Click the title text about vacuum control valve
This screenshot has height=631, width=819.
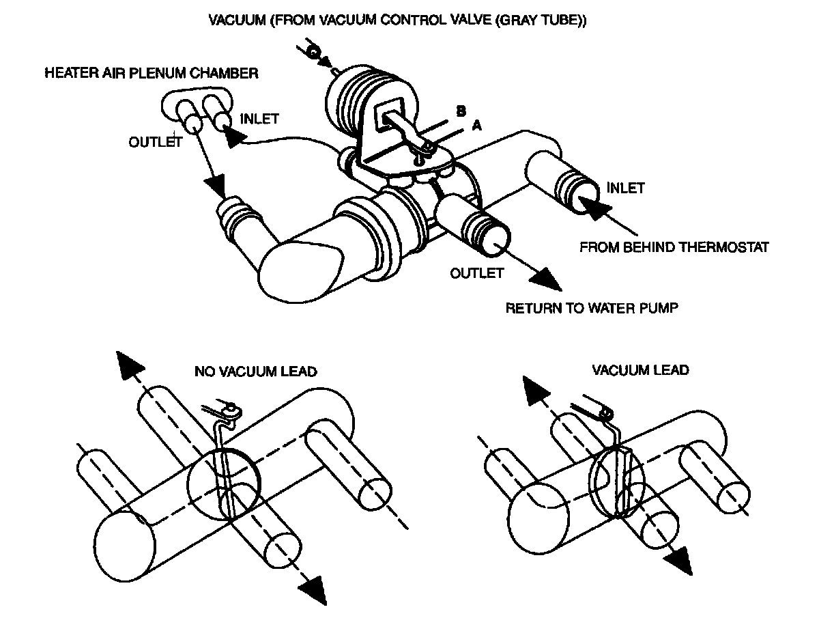pyautogui.click(x=398, y=21)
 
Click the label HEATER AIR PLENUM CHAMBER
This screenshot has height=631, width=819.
pyautogui.click(x=151, y=73)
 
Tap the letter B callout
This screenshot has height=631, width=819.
pyautogui.click(x=461, y=111)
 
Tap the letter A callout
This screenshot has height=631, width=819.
pyautogui.click(x=476, y=126)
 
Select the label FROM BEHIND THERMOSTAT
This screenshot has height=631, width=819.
pyautogui.click(x=674, y=247)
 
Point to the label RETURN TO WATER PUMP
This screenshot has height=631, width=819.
pyautogui.click(x=592, y=308)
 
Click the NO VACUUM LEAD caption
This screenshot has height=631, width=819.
pyautogui.click(x=255, y=371)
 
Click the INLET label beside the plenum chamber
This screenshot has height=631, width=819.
pyautogui.click(x=259, y=119)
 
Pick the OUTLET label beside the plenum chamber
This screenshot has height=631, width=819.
pyautogui.click(x=155, y=142)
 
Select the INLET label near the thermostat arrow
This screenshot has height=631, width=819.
pyautogui.click(x=625, y=188)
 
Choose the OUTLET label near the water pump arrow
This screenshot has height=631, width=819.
pyautogui.click(x=477, y=274)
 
